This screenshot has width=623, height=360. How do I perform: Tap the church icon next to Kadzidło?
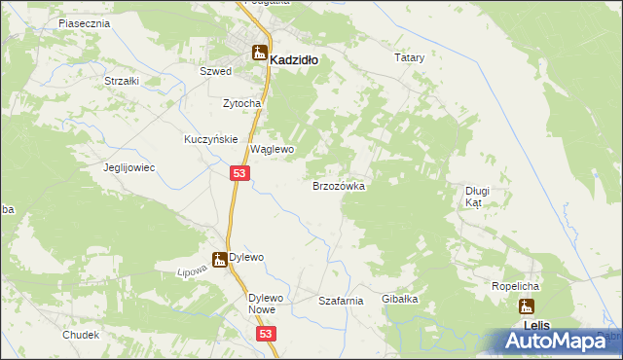coord(259,54)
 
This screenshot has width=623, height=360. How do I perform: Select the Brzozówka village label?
coord(338,185)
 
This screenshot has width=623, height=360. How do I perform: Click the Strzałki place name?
coord(122,81)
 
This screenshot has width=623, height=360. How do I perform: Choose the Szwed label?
coord(215,72)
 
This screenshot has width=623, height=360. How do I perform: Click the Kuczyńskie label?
coord(211,139)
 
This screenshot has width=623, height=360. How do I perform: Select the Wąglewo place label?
coord(273,150)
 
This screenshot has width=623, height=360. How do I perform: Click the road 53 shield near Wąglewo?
coord(242,173)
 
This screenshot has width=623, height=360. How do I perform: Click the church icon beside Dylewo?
coord(219,259)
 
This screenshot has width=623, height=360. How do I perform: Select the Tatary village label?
coord(410,58)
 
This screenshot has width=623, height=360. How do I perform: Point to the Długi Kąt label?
coord(476,197)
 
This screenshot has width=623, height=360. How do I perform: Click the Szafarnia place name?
coord(341,302)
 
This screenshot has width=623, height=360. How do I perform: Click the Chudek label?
coord(81,334)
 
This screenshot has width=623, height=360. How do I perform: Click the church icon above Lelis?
coord(526,307)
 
